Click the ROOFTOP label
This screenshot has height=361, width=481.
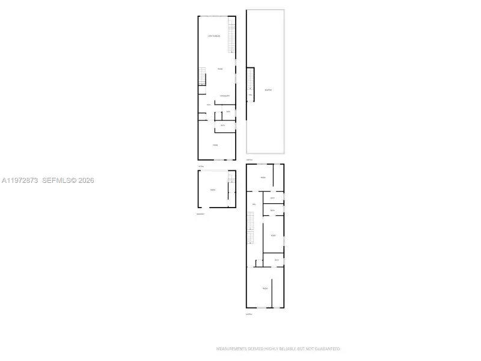click(x=269, y=90)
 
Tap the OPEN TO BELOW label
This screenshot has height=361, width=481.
click(x=215, y=37)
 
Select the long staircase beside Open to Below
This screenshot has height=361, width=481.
click(x=230, y=35)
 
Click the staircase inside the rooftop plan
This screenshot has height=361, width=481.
click(x=251, y=79)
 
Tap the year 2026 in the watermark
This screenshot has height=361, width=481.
click(x=85, y=180)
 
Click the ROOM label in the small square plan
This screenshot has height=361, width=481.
click(x=212, y=190)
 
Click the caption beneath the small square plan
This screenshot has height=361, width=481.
click(x=200, y=214)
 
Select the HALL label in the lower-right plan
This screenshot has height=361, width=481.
click(x=254, y=205)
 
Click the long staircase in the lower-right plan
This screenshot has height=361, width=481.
click(x=252, y=232)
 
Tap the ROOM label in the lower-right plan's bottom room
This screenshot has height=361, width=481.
click(x=265, y=289)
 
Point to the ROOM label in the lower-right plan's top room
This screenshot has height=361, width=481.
click(x=263, y=179)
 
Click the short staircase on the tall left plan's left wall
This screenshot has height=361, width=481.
click(x=203, y=77)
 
